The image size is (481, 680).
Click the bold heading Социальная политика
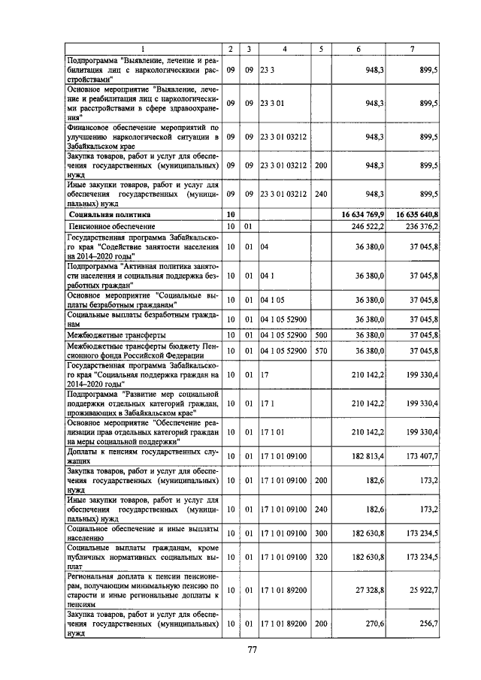[108, 214]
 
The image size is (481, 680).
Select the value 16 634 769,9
[363, 214]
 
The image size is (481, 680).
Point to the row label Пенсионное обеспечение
[107, 225]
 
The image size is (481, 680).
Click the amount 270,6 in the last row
[374, 624]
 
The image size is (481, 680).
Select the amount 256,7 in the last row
[427, 624]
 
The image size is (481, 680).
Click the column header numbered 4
[284, 49]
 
